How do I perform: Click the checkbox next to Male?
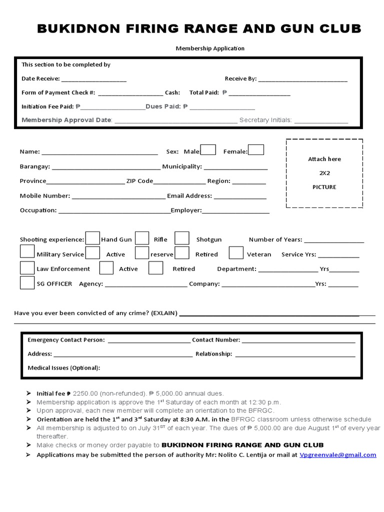pos(208,150)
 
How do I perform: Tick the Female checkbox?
pos(256,149)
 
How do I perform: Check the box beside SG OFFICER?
pos(27,282)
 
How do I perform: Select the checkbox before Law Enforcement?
pos(27,267)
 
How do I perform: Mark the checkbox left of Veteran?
pos(236,253)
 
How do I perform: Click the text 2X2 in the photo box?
pos(324,173)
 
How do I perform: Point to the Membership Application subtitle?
pos(210,48)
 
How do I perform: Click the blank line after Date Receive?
pos(94,79)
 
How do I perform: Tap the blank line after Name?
pos(100,152)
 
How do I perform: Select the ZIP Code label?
pos(139,181)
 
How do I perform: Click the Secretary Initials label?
pos(265,120)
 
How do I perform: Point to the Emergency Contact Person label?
pos(66,340)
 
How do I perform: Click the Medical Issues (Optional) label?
pos(64,368)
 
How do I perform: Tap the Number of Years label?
pos(275,239)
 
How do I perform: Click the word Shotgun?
pos(209,239)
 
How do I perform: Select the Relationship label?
pos(213,354)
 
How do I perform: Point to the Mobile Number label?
pos(45,196)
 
